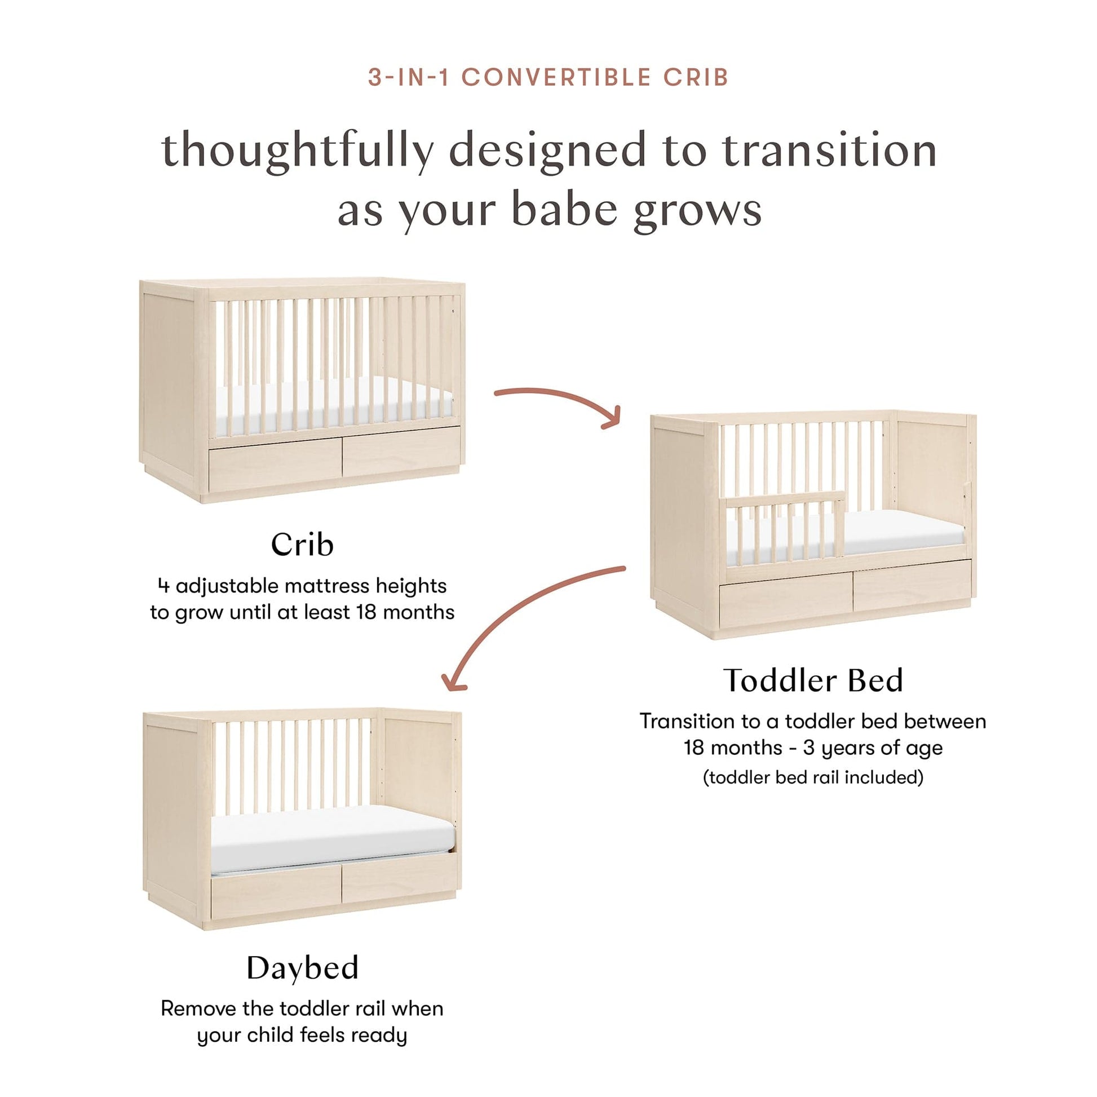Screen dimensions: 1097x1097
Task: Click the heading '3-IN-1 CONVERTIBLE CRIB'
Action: (548, 77)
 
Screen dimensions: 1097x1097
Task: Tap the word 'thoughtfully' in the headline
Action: (298, 151)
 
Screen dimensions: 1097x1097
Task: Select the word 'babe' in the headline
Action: (564, 209)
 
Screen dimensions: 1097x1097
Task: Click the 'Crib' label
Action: (302, 545)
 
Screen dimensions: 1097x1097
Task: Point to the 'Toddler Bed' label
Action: (812, 680)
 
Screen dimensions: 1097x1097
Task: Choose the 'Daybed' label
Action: (302, 967)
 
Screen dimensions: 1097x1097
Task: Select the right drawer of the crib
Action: (401, 453)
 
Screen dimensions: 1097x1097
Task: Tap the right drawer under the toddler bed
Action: (912, 584)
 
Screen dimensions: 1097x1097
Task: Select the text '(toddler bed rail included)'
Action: (813, 777)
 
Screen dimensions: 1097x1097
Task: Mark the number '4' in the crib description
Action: (164, 586)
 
